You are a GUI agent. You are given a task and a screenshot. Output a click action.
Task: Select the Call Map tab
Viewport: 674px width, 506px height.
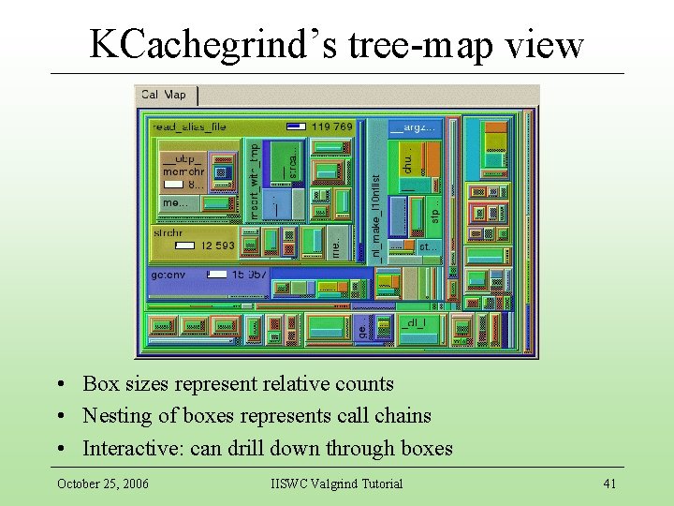tap(164, 94)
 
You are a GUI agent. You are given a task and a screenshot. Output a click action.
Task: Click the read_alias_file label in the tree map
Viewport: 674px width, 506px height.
tap(189, 126)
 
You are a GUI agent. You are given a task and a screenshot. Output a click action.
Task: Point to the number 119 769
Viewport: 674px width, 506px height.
tap(333, 126)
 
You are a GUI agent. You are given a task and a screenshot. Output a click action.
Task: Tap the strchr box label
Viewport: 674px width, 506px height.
tap(169, 231)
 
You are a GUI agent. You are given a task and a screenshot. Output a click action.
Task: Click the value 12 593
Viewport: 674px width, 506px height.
tap(218, 246)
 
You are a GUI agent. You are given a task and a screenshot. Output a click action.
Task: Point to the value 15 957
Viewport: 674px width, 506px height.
tap(251, 275)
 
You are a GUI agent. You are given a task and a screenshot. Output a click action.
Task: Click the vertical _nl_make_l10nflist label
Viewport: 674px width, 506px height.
tap(375, 216)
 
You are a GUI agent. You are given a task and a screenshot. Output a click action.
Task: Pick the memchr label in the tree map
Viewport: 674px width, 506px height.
tap(183, 171)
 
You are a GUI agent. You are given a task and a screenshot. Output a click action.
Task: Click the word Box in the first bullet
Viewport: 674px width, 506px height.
tap(101, 383)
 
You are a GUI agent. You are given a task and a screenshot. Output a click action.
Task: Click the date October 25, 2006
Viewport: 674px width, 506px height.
tap(103, 484)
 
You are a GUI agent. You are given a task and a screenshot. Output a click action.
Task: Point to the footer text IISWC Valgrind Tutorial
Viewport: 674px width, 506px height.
tap(336, 484)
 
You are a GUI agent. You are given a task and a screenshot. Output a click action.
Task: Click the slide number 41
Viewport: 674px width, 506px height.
tap(609, 484)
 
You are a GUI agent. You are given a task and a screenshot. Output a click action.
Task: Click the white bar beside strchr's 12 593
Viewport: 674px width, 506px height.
tap(185, 246)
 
